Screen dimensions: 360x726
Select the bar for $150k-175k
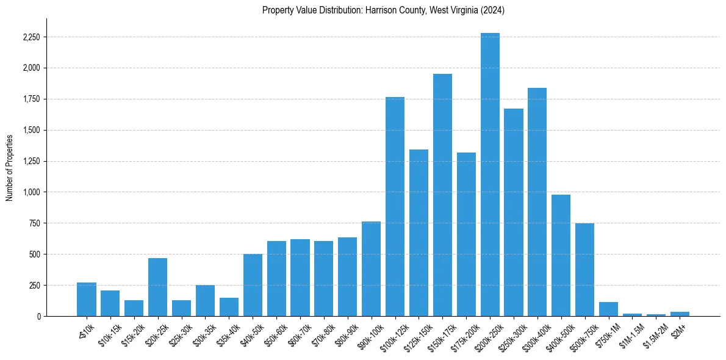[x=442, y=195]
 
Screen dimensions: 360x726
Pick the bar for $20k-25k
[x=157, y=287]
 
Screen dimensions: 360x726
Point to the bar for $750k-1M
[x=608, y=309]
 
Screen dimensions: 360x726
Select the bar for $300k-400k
[x=537, y=202]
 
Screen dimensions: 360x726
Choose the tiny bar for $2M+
[x=680, y=314]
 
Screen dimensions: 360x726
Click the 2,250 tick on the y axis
[x=31, y=37]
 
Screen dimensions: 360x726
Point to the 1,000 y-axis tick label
[x=31, y=192]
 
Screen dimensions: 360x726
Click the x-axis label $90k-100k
[x=368, y=334]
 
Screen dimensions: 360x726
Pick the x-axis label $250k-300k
[x=511, y=335]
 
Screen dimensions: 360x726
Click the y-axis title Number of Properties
[x=10, y=167]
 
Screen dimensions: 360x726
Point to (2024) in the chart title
[x=492, y=10]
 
